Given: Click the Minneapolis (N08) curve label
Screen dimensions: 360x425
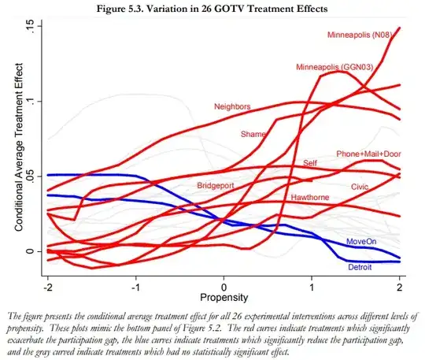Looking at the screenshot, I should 363,35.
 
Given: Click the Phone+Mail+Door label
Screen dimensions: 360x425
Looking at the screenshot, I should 368,154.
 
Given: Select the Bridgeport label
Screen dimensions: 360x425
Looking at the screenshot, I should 221,185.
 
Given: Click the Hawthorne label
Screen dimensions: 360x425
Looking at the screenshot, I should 311,197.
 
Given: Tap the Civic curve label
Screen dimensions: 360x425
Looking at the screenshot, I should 360,187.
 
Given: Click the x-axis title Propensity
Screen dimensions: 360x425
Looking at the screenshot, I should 224,299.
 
